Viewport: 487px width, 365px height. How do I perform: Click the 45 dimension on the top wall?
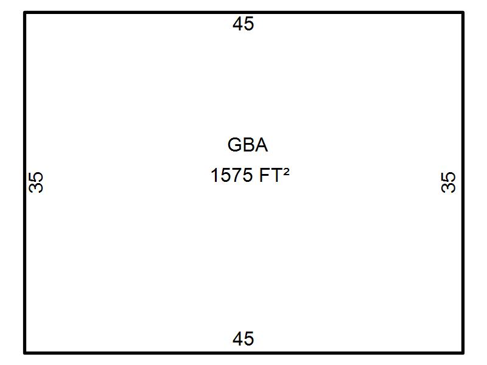[243, 24]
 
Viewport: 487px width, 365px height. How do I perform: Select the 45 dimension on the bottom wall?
[243, 339]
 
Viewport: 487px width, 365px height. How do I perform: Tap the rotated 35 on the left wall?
[37, 182]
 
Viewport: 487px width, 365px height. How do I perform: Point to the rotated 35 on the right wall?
[449, 182]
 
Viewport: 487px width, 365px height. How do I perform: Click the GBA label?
[247, 145]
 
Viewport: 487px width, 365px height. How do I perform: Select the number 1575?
[231, 176]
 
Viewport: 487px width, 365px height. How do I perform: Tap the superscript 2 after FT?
[286, 172]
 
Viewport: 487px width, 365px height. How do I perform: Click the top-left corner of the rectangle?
[25, 13]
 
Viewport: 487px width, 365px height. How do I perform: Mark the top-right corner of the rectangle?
[463, 13]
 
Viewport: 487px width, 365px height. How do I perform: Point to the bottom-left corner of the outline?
[25, 352]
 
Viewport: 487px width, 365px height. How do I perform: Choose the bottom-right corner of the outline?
[463, 352]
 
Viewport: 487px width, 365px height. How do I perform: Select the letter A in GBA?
[261, 145]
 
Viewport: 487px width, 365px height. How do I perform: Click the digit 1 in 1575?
[215, 176]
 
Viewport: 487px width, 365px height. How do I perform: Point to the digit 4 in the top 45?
[238, 24]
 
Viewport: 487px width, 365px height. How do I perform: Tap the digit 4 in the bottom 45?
[238, 339]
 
